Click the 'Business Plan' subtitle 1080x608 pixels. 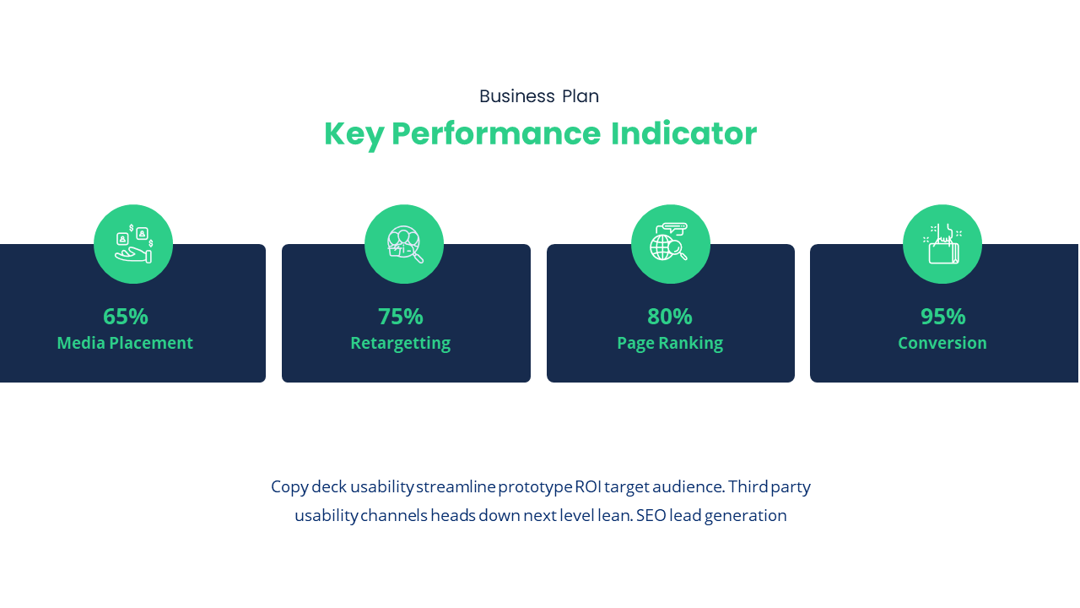pyautogui.click(x=539, y=96)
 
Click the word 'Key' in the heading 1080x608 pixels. pyautogui.click(x=354, y=134)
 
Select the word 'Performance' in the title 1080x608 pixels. pyautogui.click(x=496, y=133)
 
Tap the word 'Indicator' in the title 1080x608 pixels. pyautogui.click(x=683, y=133)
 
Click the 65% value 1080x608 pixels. pyautogui.click(x=126, y=317)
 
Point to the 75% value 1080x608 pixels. pyautogui.click(x=401, y=317)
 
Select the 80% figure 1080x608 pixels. pyautogui.click(x=670, y=317)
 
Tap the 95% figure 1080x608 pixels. pyautogui.click(x=943, y=317)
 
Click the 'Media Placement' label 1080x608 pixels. pyautogui.click(x=125, y=343)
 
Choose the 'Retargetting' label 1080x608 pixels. pyautogui.click(x=401, y=344)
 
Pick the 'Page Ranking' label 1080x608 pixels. pyautogui.click(x=670, y=344)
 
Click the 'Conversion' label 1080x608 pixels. pyautogui.click(x=942, y=343)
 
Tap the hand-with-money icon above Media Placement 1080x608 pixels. pyautogui.click(x=133, y=244)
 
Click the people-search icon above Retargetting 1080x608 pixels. pyautogui.click(x=405, y=244)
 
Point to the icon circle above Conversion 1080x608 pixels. pyautogui.click(x=942, y=244)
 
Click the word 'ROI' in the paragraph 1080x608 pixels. pyautogui.click(x=588, y=487)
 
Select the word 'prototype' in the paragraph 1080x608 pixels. pyautogui.click(x=535, y=487)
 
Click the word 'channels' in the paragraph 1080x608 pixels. pyautogui.click(x=394, y=516)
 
